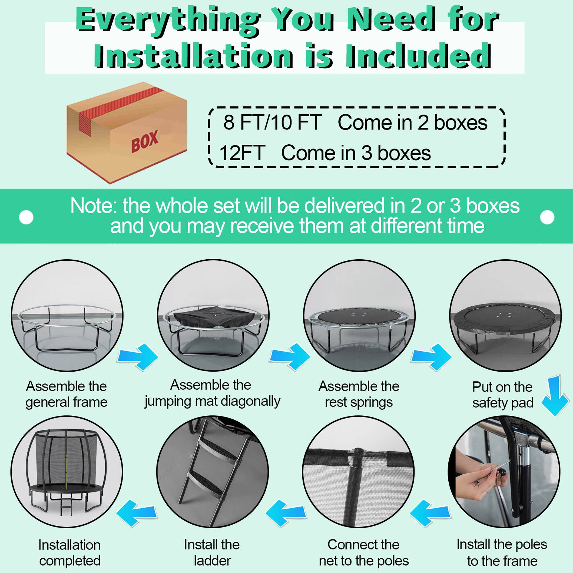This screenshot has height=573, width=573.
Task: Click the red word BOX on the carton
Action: (x=145, y=141)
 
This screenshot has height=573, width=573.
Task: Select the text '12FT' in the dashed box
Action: (x=242, y=153)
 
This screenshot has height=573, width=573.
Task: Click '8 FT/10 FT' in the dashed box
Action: (x=272, y=122)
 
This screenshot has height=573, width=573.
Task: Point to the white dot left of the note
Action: (x=26, y=217)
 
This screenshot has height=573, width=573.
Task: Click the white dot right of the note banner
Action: (x=547, y=217)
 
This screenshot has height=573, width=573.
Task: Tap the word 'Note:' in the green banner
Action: (x=93, y=206)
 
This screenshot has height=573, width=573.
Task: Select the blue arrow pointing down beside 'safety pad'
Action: (x=555, y=396)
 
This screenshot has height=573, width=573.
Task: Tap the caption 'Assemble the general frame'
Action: (x=66, y=394)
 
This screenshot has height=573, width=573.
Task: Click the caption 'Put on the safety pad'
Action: (x=503, y=395)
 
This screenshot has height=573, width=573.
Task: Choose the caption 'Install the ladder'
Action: (x=212, y=552)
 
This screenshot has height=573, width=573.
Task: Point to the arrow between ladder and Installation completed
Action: (x=137, y=513)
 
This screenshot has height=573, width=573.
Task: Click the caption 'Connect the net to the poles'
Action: (x=364, y=552)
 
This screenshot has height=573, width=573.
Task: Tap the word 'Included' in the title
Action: (x=418, y=56)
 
